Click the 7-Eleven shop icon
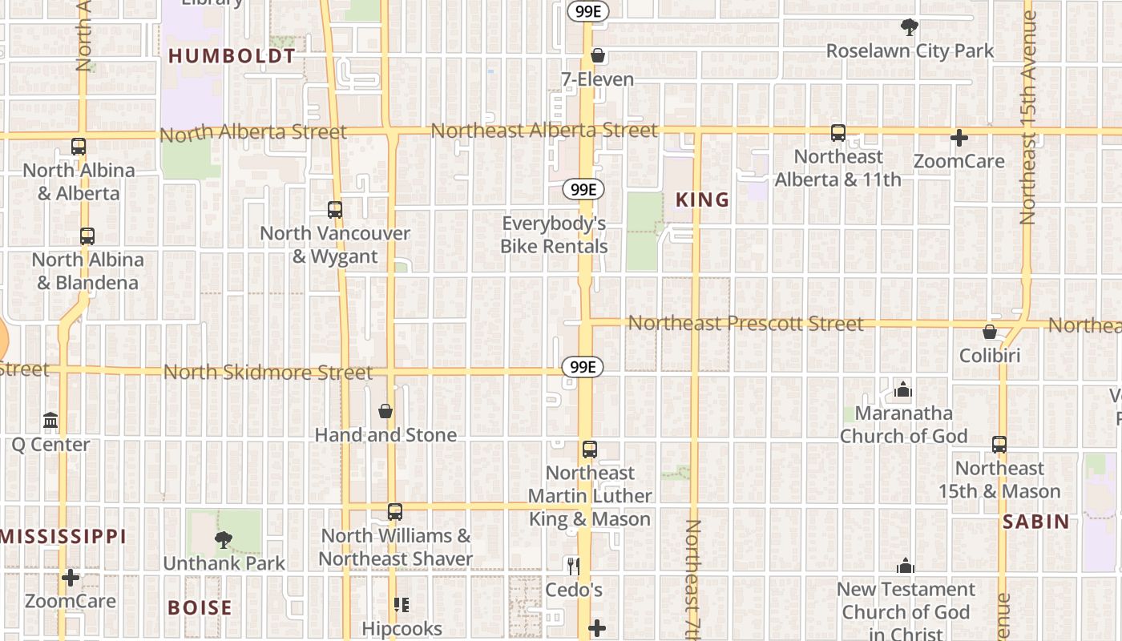(597, 56)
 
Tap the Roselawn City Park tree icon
(909, 27)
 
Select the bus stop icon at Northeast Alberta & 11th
(838, 133)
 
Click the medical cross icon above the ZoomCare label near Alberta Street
(959, 138)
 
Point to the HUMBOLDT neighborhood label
(232, 56)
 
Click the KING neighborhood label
(703, 200)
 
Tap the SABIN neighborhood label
(1036, 522)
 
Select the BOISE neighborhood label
(200, 608)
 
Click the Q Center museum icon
(50, 421)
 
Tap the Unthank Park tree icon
(224, 540)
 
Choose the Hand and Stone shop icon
(385, 412)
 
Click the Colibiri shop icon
(990, 332)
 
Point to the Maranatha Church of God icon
(903, 390)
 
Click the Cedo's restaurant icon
(573, 566)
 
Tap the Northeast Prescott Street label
(745, 324)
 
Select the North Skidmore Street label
(268, 373)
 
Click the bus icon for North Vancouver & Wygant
(335, 210)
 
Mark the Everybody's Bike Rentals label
(554, 235)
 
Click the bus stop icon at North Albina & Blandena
(87, 236)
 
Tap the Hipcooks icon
(402, 605)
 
